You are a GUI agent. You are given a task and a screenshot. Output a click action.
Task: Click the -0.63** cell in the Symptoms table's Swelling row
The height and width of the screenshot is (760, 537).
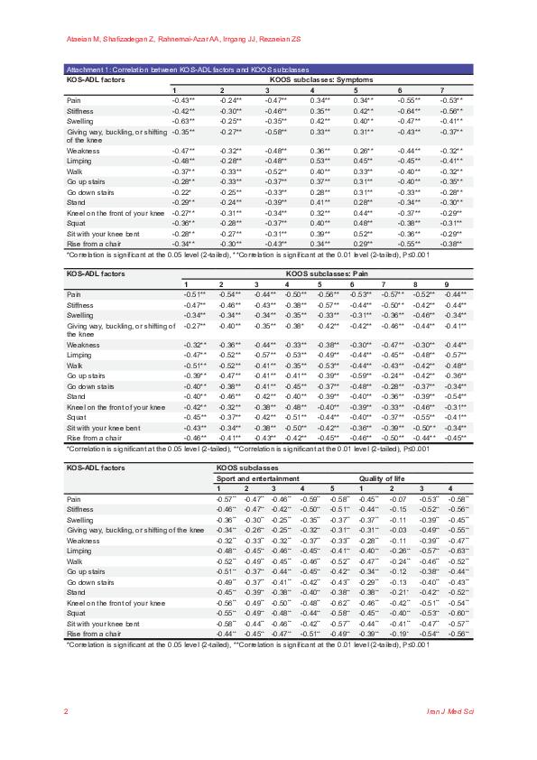[184, 120]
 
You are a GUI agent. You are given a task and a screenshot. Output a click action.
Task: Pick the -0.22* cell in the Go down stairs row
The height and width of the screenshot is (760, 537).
[183, 192]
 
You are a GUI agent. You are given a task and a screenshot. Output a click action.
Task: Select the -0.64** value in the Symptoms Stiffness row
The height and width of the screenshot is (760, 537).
[411, 110]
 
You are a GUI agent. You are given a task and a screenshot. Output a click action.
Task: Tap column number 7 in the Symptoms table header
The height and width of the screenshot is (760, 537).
[441, 90]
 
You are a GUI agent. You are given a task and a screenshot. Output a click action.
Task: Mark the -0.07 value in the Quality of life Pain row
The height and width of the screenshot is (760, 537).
[393, 498]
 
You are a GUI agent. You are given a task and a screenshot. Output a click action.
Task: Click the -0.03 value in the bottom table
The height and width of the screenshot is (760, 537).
[393, 529]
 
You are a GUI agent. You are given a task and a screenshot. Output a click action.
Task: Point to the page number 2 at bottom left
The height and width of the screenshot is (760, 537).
[66, 711]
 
